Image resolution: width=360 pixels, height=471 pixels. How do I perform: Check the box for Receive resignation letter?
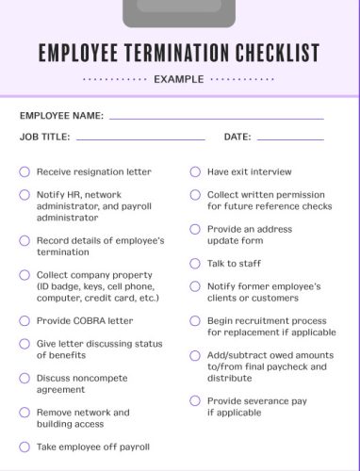(25, 172)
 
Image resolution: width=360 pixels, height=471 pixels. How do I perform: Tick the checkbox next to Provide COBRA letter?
(25, 320)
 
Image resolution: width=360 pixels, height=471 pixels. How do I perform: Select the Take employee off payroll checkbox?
(25, 447)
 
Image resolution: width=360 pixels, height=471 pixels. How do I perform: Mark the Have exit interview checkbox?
(195, 172)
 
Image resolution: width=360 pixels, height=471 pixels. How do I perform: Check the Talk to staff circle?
(195, 264)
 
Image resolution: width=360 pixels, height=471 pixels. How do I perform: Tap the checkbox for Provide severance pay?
(195, 400)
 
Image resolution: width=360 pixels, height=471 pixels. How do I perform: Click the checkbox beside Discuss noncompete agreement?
(25, 378)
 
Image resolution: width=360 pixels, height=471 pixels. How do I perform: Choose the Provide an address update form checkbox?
(195, 229)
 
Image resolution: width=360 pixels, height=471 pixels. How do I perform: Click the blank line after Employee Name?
(216, 118)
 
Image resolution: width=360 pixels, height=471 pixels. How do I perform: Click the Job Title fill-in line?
(140, 138)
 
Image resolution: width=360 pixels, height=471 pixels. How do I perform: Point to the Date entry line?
(289, 138)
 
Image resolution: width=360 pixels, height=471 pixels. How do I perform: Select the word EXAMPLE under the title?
(178, 79)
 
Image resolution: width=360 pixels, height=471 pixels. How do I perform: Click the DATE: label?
(237, 138)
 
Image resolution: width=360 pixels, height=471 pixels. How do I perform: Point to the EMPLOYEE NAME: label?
(61, 116)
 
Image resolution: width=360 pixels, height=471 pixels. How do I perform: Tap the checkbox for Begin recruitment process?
(195, 320)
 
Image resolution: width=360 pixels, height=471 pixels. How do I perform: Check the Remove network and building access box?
(25, 413)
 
